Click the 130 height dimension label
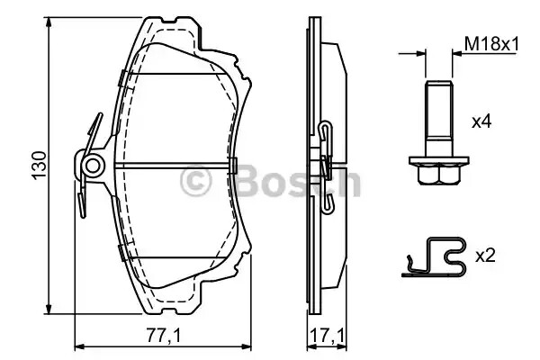pyautogui.click(x=40, y=165)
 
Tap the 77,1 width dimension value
pyautogui.click(x=164, y=335)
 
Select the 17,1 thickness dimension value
pyautogui.click(x=327, y=335)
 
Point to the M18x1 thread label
pyautogui.click(x=491, y=44)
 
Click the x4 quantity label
pyautogui.click(x=481, y=121)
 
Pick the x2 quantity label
pyautogui.click(x=485, y=256)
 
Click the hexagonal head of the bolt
pyautogui.click(x=439, y=174)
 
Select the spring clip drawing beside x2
pyautogui.click(x=434, y=256)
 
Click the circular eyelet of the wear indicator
pyautogui.click(x=93, y=166)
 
